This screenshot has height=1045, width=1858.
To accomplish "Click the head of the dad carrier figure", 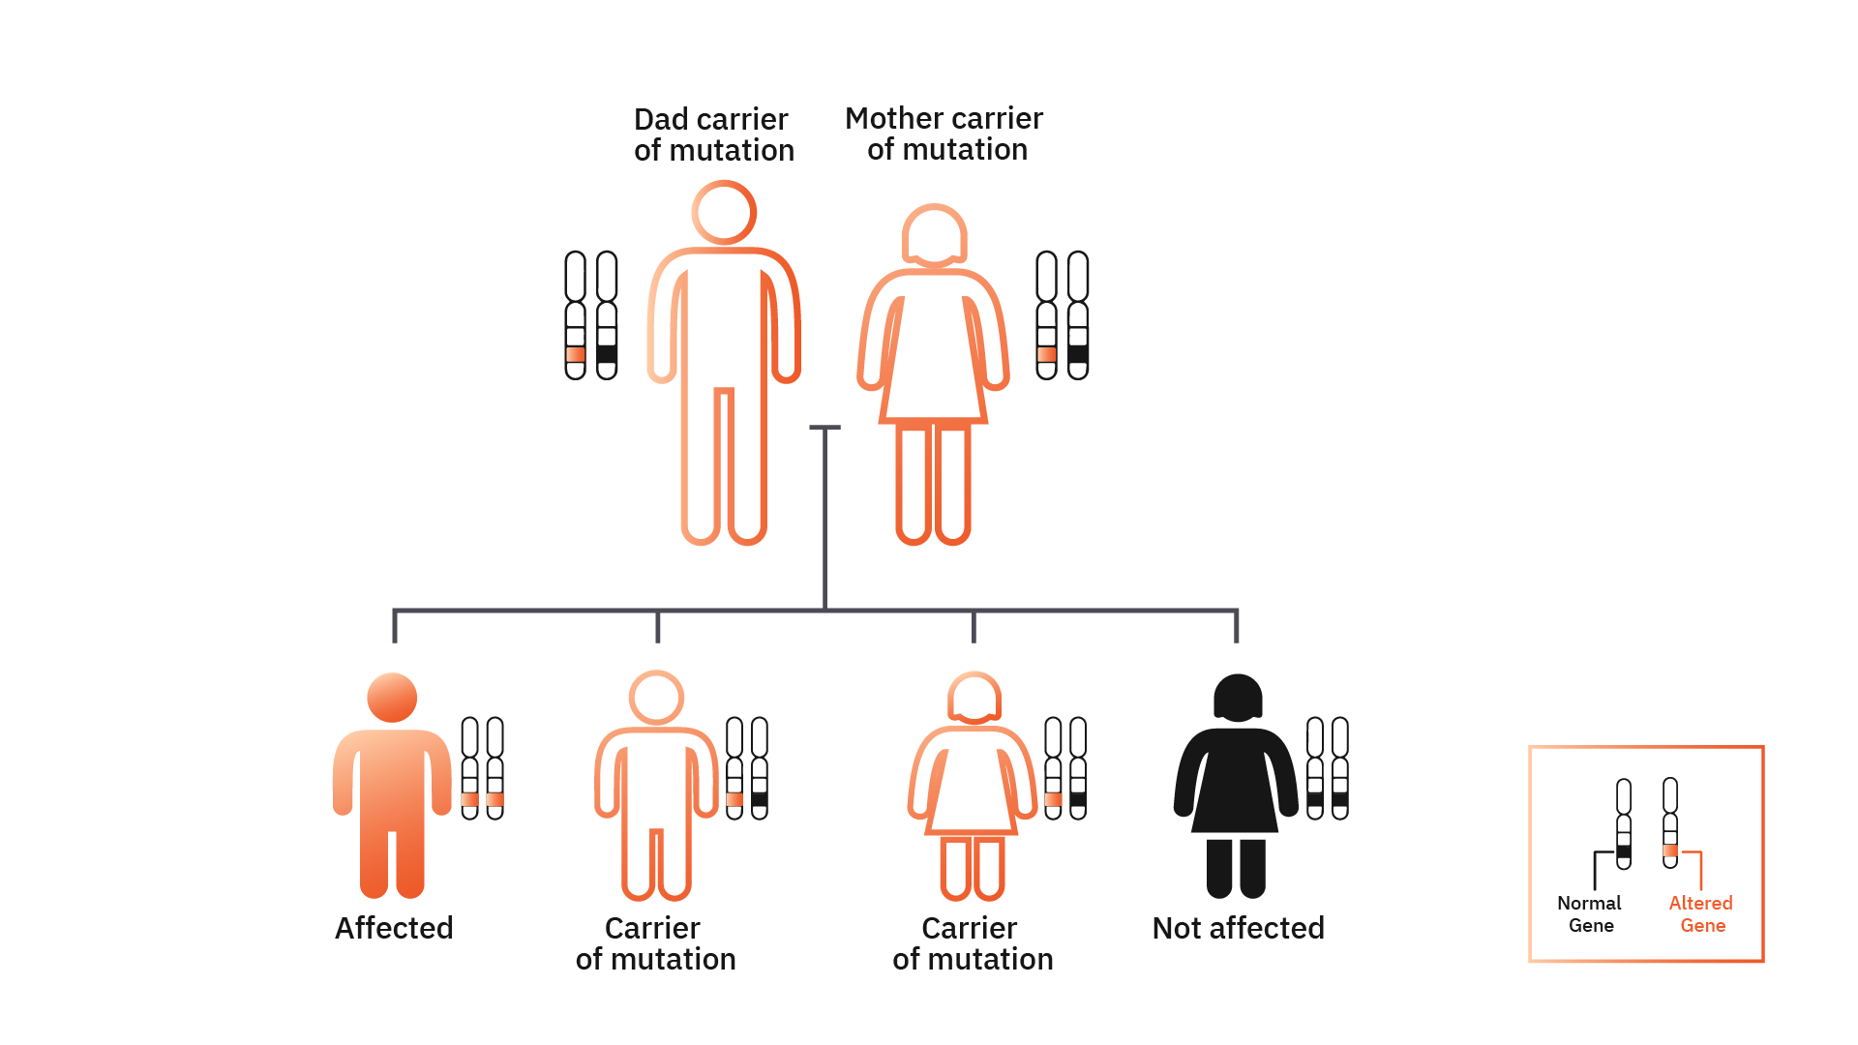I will click(724, 213).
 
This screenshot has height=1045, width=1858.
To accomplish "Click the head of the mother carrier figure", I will click(934, 234).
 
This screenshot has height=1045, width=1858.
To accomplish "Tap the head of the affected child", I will click(392, 698).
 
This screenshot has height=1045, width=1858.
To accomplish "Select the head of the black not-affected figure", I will click(1238, 698).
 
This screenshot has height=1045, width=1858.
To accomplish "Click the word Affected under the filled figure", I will click(394, 928).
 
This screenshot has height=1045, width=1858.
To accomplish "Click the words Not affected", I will click(1238, 928).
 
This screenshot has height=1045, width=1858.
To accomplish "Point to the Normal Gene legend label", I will click(1590, 913).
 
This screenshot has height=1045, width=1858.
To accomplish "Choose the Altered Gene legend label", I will click(1701, 913).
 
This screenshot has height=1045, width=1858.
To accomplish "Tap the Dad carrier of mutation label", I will click(713, 134).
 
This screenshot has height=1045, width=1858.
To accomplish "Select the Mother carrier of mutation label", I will click(944, 134).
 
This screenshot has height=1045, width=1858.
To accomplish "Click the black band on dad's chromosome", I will click(607, 354).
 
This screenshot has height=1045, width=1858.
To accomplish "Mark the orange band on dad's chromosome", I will click(576, 354).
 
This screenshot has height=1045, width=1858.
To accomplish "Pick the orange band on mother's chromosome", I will click(1047, 354).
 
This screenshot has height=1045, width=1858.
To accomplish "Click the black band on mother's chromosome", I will click(1078, 354).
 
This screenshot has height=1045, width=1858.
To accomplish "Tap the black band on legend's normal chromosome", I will click(1624, 851).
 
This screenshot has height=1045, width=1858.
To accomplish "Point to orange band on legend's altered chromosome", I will click(1670, 851).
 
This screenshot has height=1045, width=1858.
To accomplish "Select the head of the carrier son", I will click(656, 698).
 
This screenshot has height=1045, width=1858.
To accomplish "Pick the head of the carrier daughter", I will click(974, 698).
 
